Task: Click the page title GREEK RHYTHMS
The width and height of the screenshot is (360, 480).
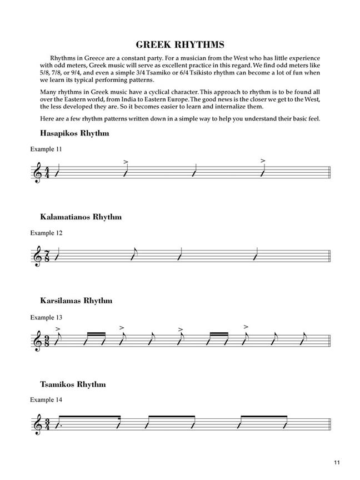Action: (x=179, y=44)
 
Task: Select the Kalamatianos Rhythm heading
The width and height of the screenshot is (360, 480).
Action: (x=81, y=217)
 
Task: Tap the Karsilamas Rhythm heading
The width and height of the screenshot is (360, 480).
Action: (x=76, y=301)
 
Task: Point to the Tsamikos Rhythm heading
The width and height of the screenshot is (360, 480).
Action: (x=73, y=384)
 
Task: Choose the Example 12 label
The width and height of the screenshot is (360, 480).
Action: (x=46, y=233)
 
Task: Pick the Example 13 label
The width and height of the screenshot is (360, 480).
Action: (x=46, y=317)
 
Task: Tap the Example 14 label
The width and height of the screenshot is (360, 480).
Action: (x=46, y=400)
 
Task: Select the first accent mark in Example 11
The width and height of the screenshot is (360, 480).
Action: (x=126, y=162)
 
